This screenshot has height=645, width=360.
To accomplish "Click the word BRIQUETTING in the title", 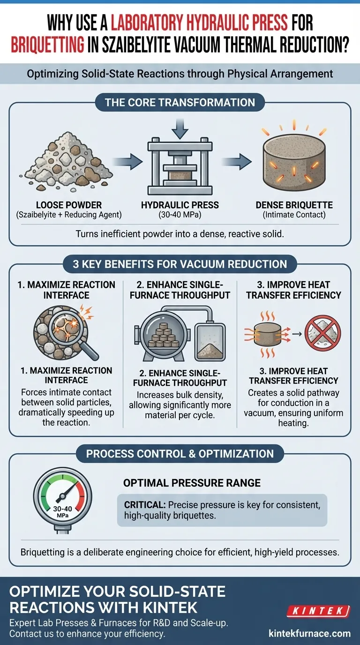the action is pos(48,45).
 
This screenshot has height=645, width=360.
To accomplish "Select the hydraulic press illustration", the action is pos(180,166).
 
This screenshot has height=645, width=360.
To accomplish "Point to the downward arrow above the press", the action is pos(180,128).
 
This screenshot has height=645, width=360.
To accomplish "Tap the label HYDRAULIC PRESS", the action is pos(180,205).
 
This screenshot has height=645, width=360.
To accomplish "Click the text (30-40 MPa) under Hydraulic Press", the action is pos(180,215).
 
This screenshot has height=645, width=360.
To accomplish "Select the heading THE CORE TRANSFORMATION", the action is pos(180,103).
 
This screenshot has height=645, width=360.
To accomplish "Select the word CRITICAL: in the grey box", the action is pos(145,505).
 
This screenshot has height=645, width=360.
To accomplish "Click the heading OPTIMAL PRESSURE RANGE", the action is pos(192,483).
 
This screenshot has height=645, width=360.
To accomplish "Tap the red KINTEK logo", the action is pos(319,611).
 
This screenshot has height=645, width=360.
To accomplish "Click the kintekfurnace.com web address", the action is pos(309,633).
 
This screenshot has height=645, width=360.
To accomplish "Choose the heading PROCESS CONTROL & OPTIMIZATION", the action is pos(180,454).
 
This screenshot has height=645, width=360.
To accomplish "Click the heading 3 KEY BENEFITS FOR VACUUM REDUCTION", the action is pos(180,264).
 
